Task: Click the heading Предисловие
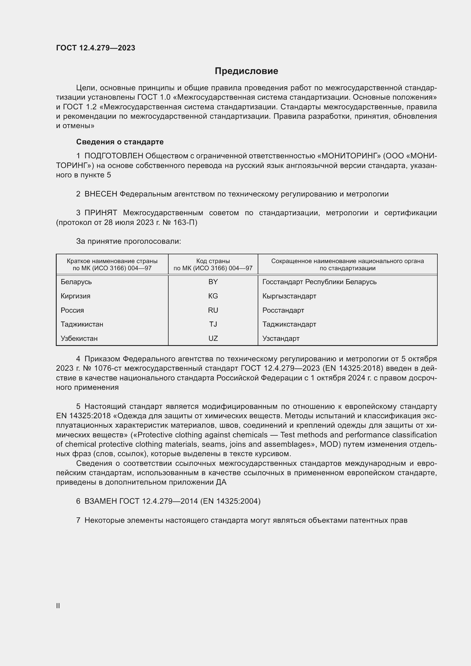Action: [246, 71]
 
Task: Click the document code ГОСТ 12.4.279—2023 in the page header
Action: [95, 48]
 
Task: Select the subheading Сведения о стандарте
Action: [120, 142]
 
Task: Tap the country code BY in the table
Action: [213, 282]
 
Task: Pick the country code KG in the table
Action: [213, 296]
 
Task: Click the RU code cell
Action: [213, 310]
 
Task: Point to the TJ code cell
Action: [213, 324]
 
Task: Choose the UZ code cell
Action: [213, 339]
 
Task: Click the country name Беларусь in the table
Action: [76, 282]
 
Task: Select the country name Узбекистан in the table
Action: [79, 339]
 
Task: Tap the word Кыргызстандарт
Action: [289, 296]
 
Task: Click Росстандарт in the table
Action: [283, 310]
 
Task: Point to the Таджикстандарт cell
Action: [289, 324]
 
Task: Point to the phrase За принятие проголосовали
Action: [128, 241]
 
